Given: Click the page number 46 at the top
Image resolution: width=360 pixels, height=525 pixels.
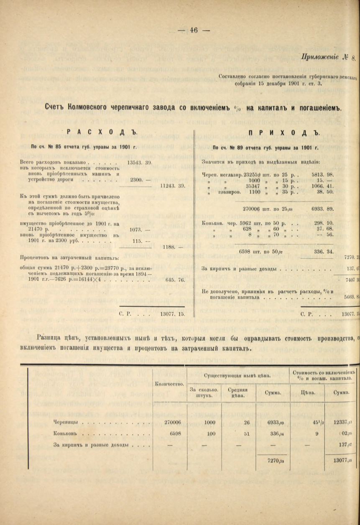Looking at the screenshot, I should point(193,30).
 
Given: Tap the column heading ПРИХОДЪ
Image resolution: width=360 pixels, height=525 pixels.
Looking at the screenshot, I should point(283,133).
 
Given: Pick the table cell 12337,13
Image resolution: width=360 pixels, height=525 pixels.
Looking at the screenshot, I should point(342,422).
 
